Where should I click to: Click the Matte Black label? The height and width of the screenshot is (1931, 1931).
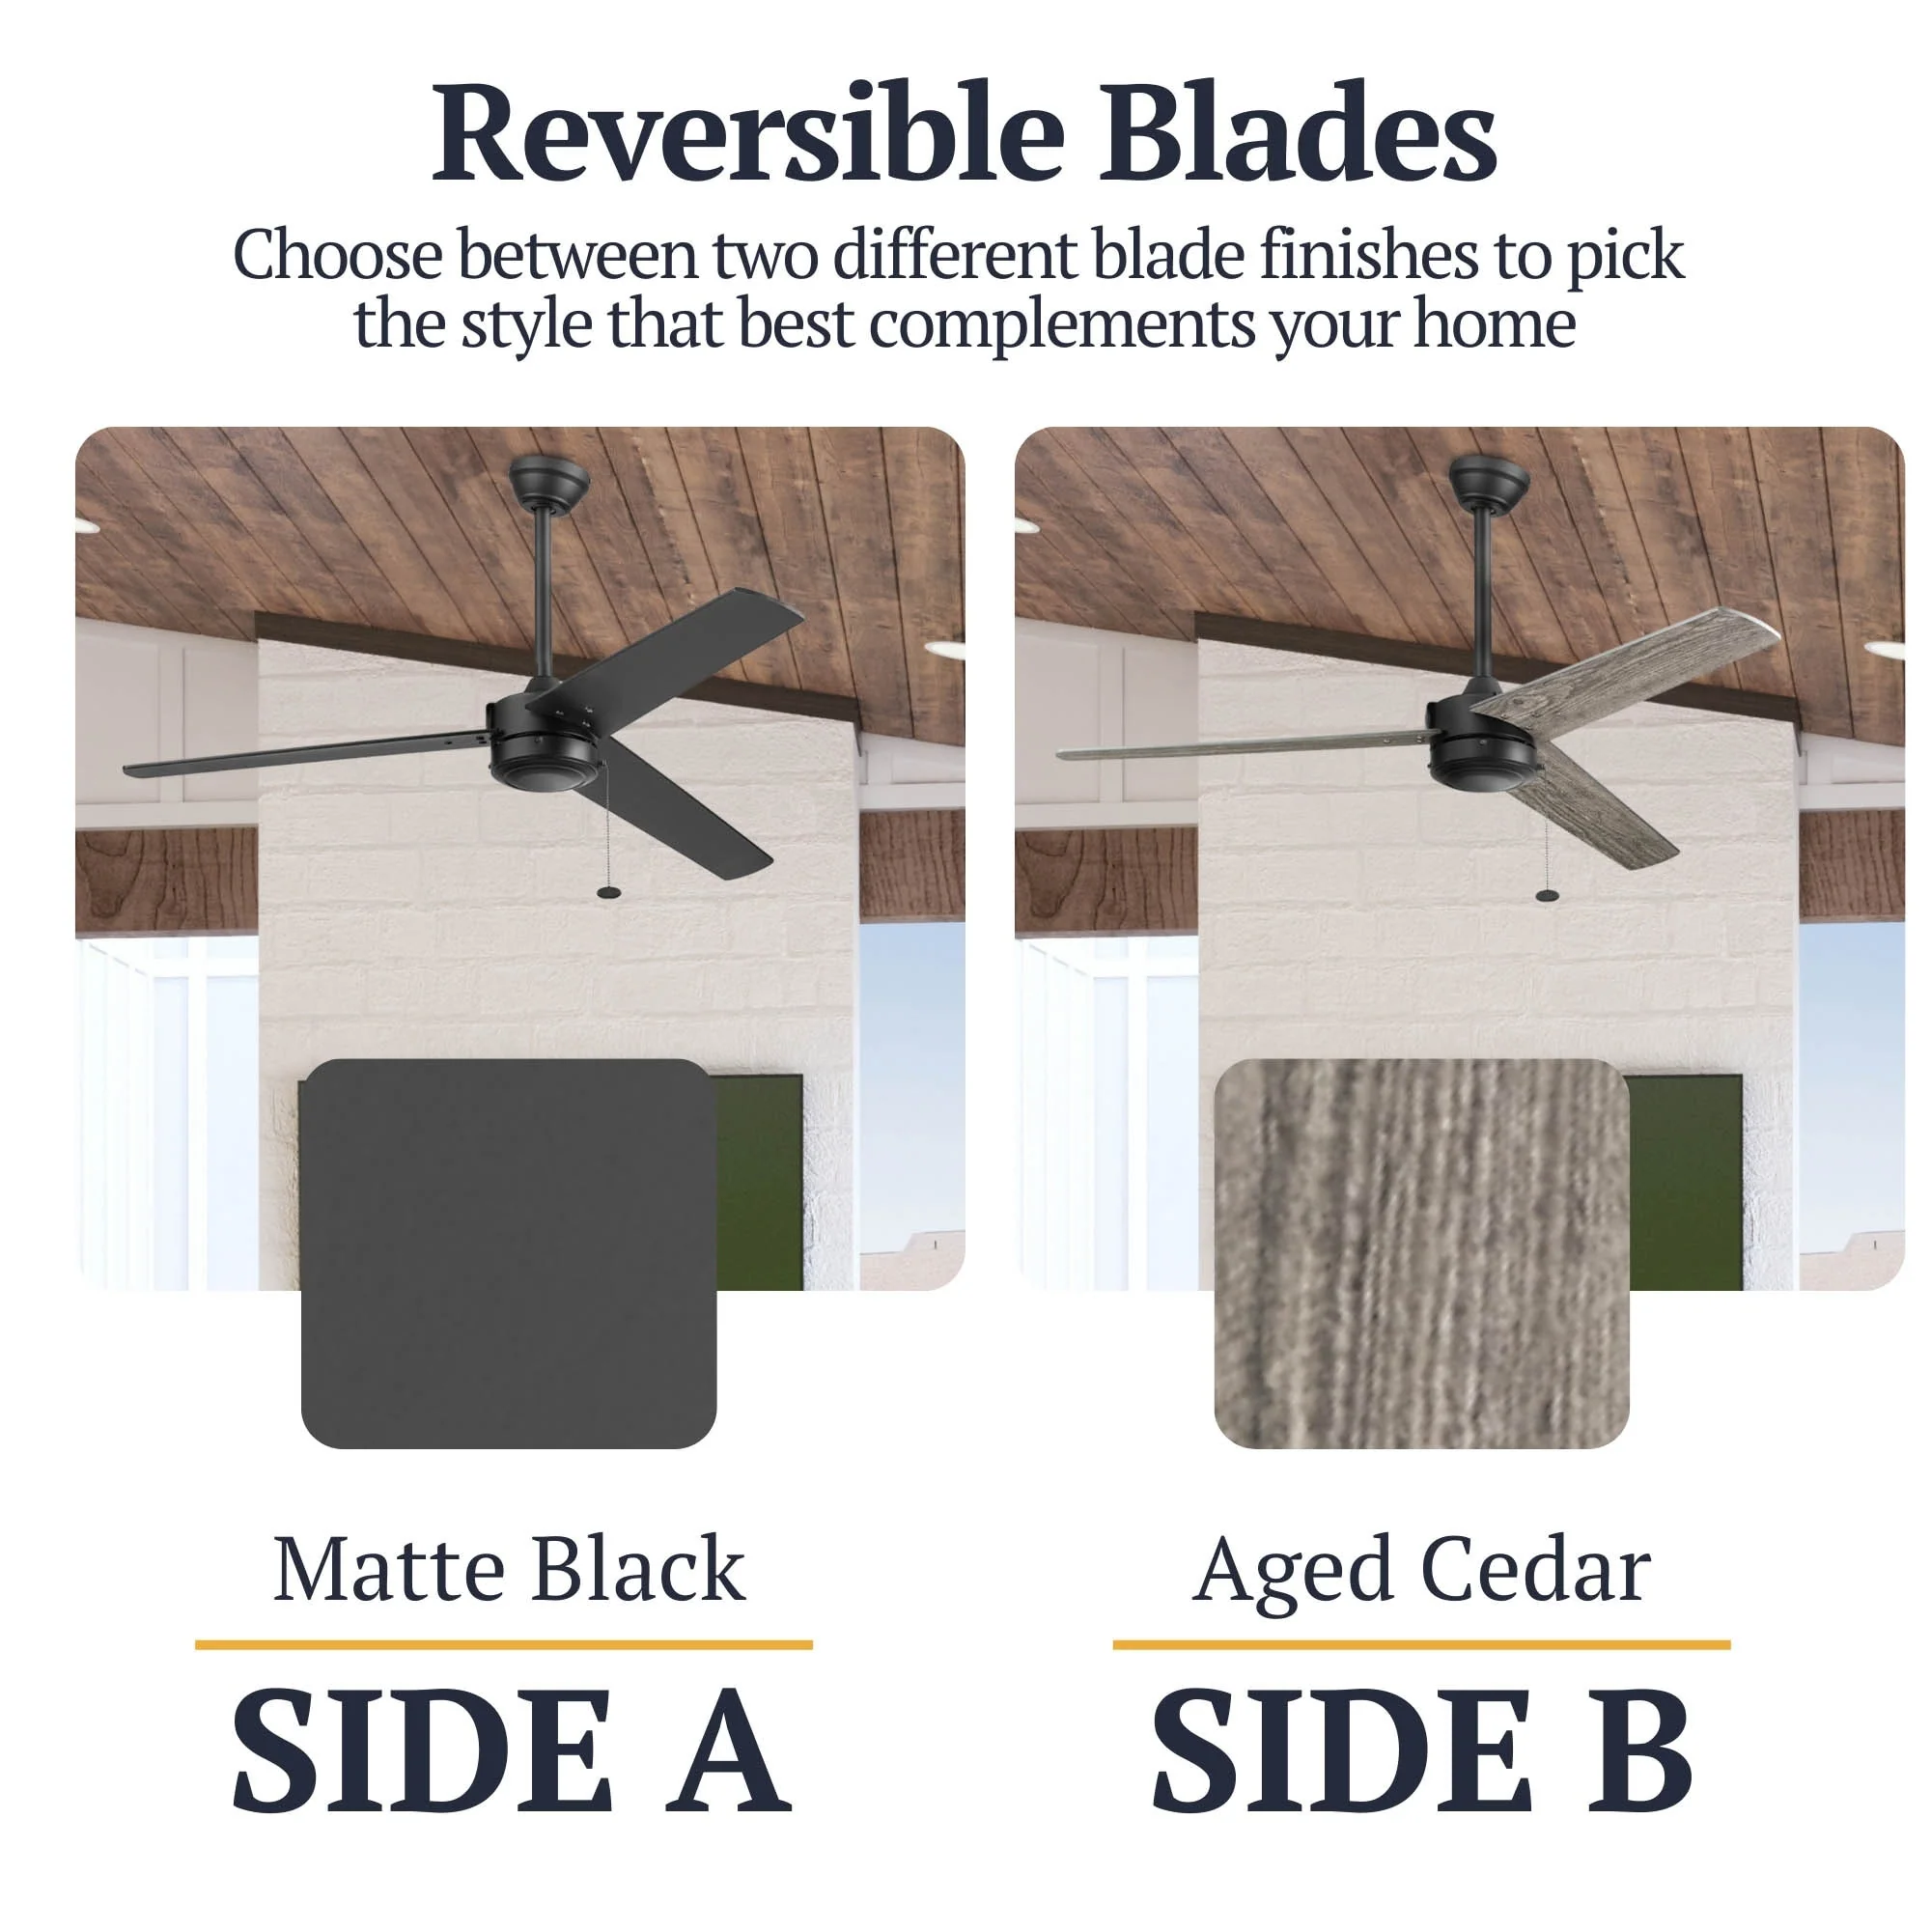tap(509, 1569)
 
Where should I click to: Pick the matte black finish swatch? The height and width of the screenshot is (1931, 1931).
tap(509, 1253)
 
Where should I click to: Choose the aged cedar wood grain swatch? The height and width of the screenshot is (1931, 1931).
tap(1421, 1253)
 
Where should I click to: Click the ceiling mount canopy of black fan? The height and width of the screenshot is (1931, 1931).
tap(548, 481)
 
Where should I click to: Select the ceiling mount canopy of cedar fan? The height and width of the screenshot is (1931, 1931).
tap(1488, 481)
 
